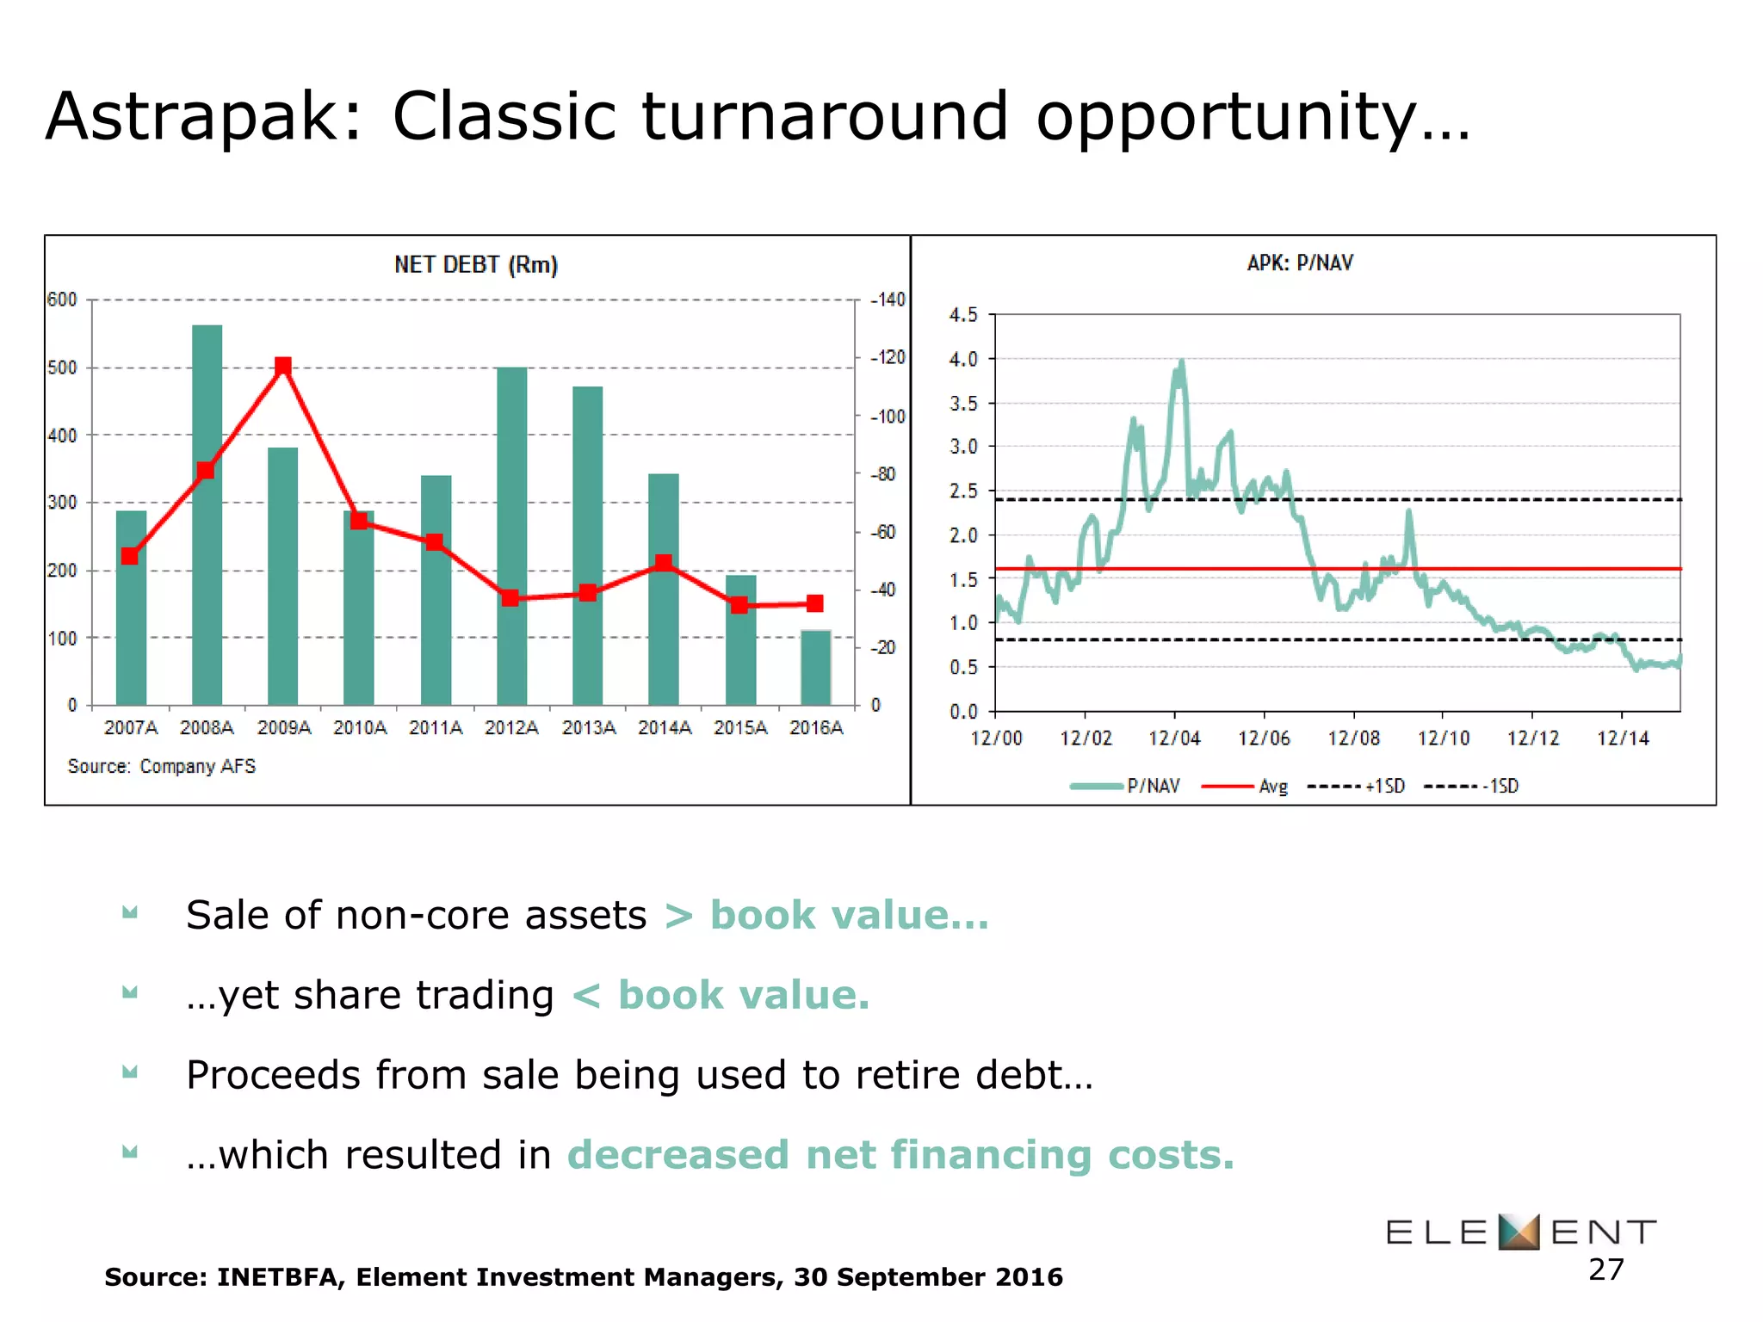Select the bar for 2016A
[x=815, y=667]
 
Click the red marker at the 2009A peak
[x=283, y=367]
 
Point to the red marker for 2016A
[x=814, y=603]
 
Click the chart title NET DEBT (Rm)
[x=475, y=264]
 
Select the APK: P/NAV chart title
[x=1300, y=263]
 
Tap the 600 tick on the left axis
[x=62, y=300]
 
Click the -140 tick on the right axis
[x=888, y=300]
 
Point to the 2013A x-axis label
[x=588, y=728]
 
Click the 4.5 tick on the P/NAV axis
[x=963, y=315]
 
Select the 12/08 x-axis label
[x=1353, y=738]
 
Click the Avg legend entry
[x=1272, y=786]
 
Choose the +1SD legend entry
[x=1384, y=786]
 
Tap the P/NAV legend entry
[x=1153, y=786]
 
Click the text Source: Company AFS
[x=161, y=766]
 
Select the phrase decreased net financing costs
[x=900, y=1154]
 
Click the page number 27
[x=1605, y=1269]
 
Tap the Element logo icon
[x=1518, y=1232]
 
